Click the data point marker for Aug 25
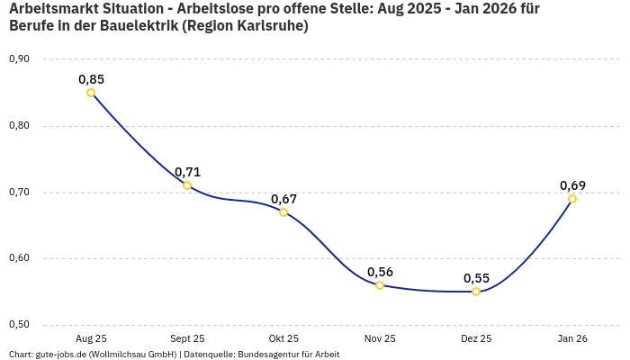point(91,93)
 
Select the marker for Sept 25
point(187,185)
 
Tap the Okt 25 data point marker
point(283,212)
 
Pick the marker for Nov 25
point(380,285)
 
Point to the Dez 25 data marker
point(476,292)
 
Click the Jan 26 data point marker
point(572,199)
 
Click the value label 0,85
point(91,79)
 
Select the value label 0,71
point(187,172)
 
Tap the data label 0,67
point(283,199)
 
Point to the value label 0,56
point(380,272)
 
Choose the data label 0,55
point(476,278)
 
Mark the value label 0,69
point(572,185)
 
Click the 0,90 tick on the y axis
point(19,59)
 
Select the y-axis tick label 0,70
point(19,193)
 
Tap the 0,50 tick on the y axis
point(19,325)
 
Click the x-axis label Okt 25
point(283,338)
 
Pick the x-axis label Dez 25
point(476,338)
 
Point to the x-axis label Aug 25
point(91,338)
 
